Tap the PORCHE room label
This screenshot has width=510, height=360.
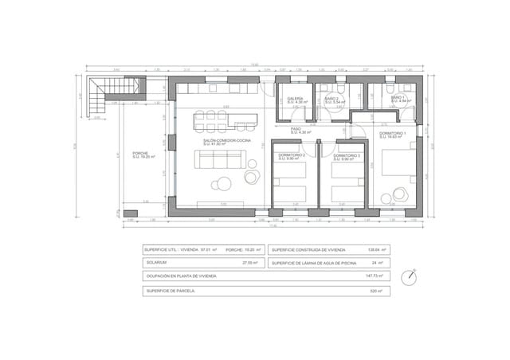(141, 154)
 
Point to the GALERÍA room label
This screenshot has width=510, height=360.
(296, 100)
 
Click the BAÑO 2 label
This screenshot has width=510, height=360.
(332, 100)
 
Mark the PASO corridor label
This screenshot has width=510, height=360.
(296, 128)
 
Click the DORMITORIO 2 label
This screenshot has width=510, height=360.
(292, 156)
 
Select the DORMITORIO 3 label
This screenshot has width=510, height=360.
(348, 156)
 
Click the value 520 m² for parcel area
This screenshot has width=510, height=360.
(376, 292)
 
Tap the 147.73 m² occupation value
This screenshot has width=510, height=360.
(374, 276)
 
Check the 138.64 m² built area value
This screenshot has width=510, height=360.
(374, 249)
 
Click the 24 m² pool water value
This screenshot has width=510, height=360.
(377, 262)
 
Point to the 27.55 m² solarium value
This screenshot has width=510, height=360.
(251, 262)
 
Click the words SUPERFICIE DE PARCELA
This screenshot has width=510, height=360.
(170, 292)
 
